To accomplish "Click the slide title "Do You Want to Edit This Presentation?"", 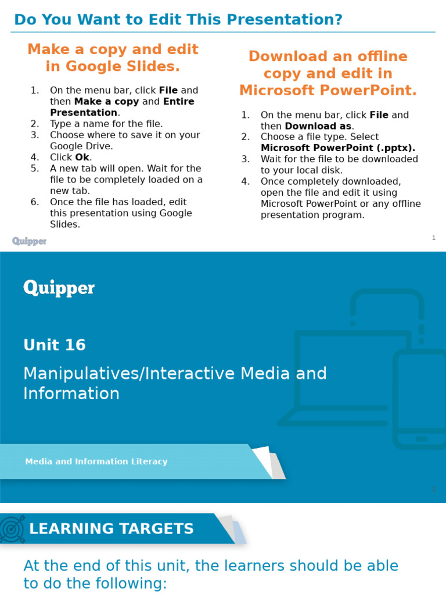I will pyautogui.click(x=178, y=20).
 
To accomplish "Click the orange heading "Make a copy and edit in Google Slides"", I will pyautogui.click(x=113, y=58).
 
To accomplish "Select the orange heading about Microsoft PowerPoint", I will pyautogui.click(x=328, y=73).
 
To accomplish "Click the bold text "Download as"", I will pyautogui.click(x=318, y=126).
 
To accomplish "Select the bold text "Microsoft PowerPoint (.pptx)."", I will pyautogui.click(x=338, y=148).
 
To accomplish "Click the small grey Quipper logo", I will pyautogui.click(x=29, y=241).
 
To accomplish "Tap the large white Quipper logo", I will pyautogui.click(x=59, y=288).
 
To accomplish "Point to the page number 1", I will pyautogui.click(x=433, y=238).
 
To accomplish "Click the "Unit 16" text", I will pyautogui.click(x=55, y=345).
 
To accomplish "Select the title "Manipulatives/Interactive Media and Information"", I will pyautogui.click(x=174, y=383).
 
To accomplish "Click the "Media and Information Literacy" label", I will pyautogui.click(x=96, y=461).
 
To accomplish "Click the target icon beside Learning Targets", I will pyautogui.click(x=13, y=529).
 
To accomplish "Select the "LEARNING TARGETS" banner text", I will pyautogui.click(x=111, y=529).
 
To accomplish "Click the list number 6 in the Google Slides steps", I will pyautogui.click(x=35, y=202).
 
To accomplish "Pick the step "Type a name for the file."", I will pyautogui.click(x=106, y=124).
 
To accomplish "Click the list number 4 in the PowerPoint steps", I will pyautogui.click(x=246, y=181).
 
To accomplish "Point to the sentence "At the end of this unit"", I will pyautogui.click(x=210, y=574).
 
